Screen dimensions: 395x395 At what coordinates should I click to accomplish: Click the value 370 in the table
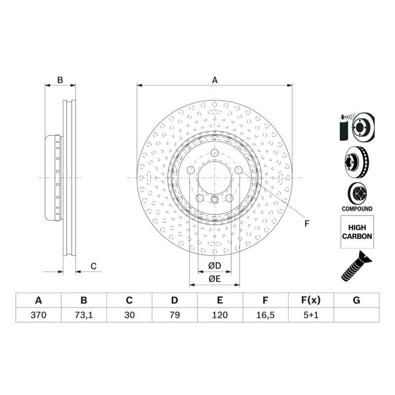click(x=39, y=315)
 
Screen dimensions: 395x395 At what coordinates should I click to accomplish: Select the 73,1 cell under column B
click(x=83, y=315)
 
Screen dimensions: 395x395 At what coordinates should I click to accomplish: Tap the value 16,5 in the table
click(x=265, y=315)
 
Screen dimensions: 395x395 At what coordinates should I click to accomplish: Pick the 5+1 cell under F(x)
click(x=311, y=315)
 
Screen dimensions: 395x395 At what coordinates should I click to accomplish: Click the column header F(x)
click(x=311, y=300)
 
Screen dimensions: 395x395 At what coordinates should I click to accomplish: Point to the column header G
click(x=356, y=300)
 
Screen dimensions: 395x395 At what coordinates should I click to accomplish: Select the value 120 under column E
click(x=220, y=315)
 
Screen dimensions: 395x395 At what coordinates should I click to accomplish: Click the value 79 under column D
click(x=175, y=315)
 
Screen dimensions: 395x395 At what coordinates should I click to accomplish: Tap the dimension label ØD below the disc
click(x=215, y=266)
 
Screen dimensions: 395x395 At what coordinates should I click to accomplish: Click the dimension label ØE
click(x=215, y=279)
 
